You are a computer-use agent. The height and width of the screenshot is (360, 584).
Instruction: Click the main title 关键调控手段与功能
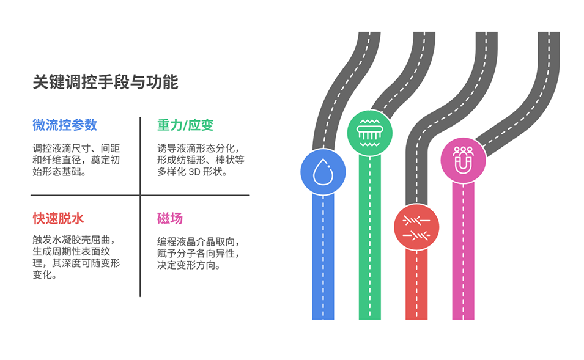coord(105,82)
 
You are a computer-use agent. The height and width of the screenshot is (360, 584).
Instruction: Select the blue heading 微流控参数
coord(65,125)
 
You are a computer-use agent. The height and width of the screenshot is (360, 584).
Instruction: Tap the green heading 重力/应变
coord(185,125)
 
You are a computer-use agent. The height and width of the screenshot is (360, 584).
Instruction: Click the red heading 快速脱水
coord(58,219)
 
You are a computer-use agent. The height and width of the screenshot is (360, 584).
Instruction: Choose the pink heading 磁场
coord(169,219)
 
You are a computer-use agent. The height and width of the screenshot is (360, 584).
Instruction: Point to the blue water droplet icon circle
coord(323,172)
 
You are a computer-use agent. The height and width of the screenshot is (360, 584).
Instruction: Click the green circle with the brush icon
coord(369,132)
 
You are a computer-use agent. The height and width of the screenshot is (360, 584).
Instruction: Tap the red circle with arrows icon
coord(416,227)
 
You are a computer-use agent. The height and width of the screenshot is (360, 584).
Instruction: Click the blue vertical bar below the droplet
coord(323,257)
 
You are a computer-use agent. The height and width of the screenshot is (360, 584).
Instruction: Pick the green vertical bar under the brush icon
coord(369,238)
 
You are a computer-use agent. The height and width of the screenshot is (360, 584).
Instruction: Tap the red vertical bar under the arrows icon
coord(416,284)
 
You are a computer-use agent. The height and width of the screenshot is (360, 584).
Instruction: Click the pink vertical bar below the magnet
coord(463,251)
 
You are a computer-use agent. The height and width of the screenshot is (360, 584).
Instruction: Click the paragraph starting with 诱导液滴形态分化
coord(201,160)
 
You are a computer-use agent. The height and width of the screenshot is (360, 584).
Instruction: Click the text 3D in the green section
coord(194,172)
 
